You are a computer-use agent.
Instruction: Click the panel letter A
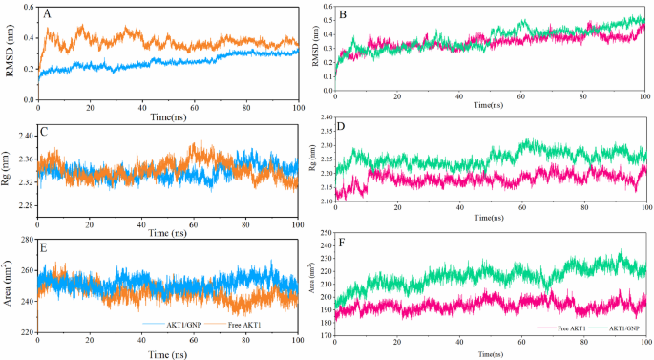pos(47,13)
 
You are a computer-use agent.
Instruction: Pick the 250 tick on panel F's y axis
pos(323,233)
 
